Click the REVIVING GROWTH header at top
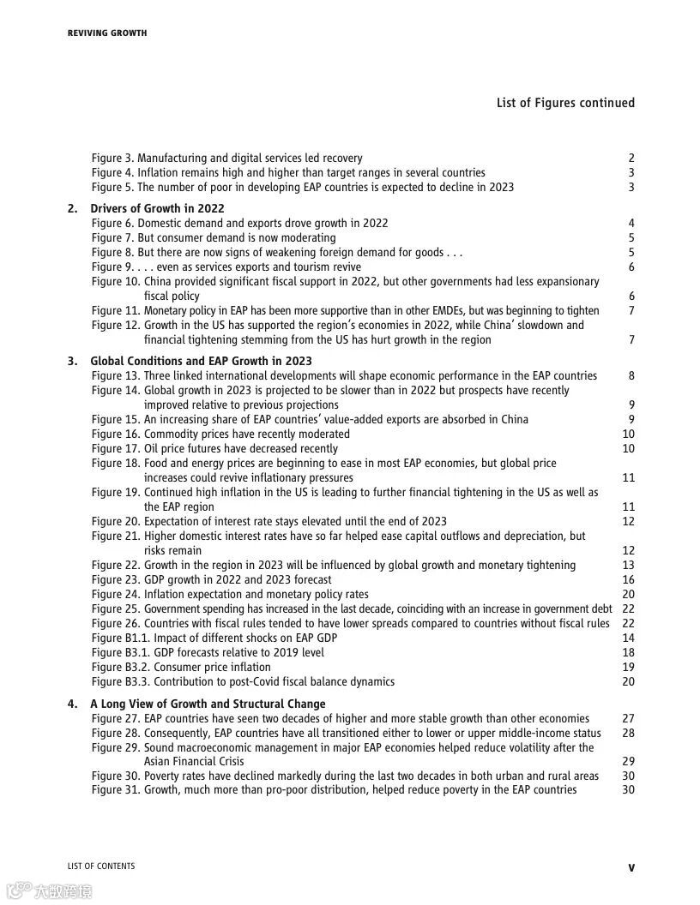[107, 33]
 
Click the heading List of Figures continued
[565, 103]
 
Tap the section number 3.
[72, 361]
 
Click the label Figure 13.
[115, 375]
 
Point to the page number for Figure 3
[631, 158]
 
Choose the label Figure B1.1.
[120, 638]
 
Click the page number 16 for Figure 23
[629, 579]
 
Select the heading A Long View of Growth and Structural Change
[208, 704]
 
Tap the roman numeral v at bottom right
[631, 867]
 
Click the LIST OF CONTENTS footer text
[101, 866]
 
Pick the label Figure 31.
[115, 789]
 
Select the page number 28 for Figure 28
[629, 733]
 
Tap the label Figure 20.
[115, 521]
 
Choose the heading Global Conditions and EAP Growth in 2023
[201, 361]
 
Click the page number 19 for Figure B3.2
[629, 667]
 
